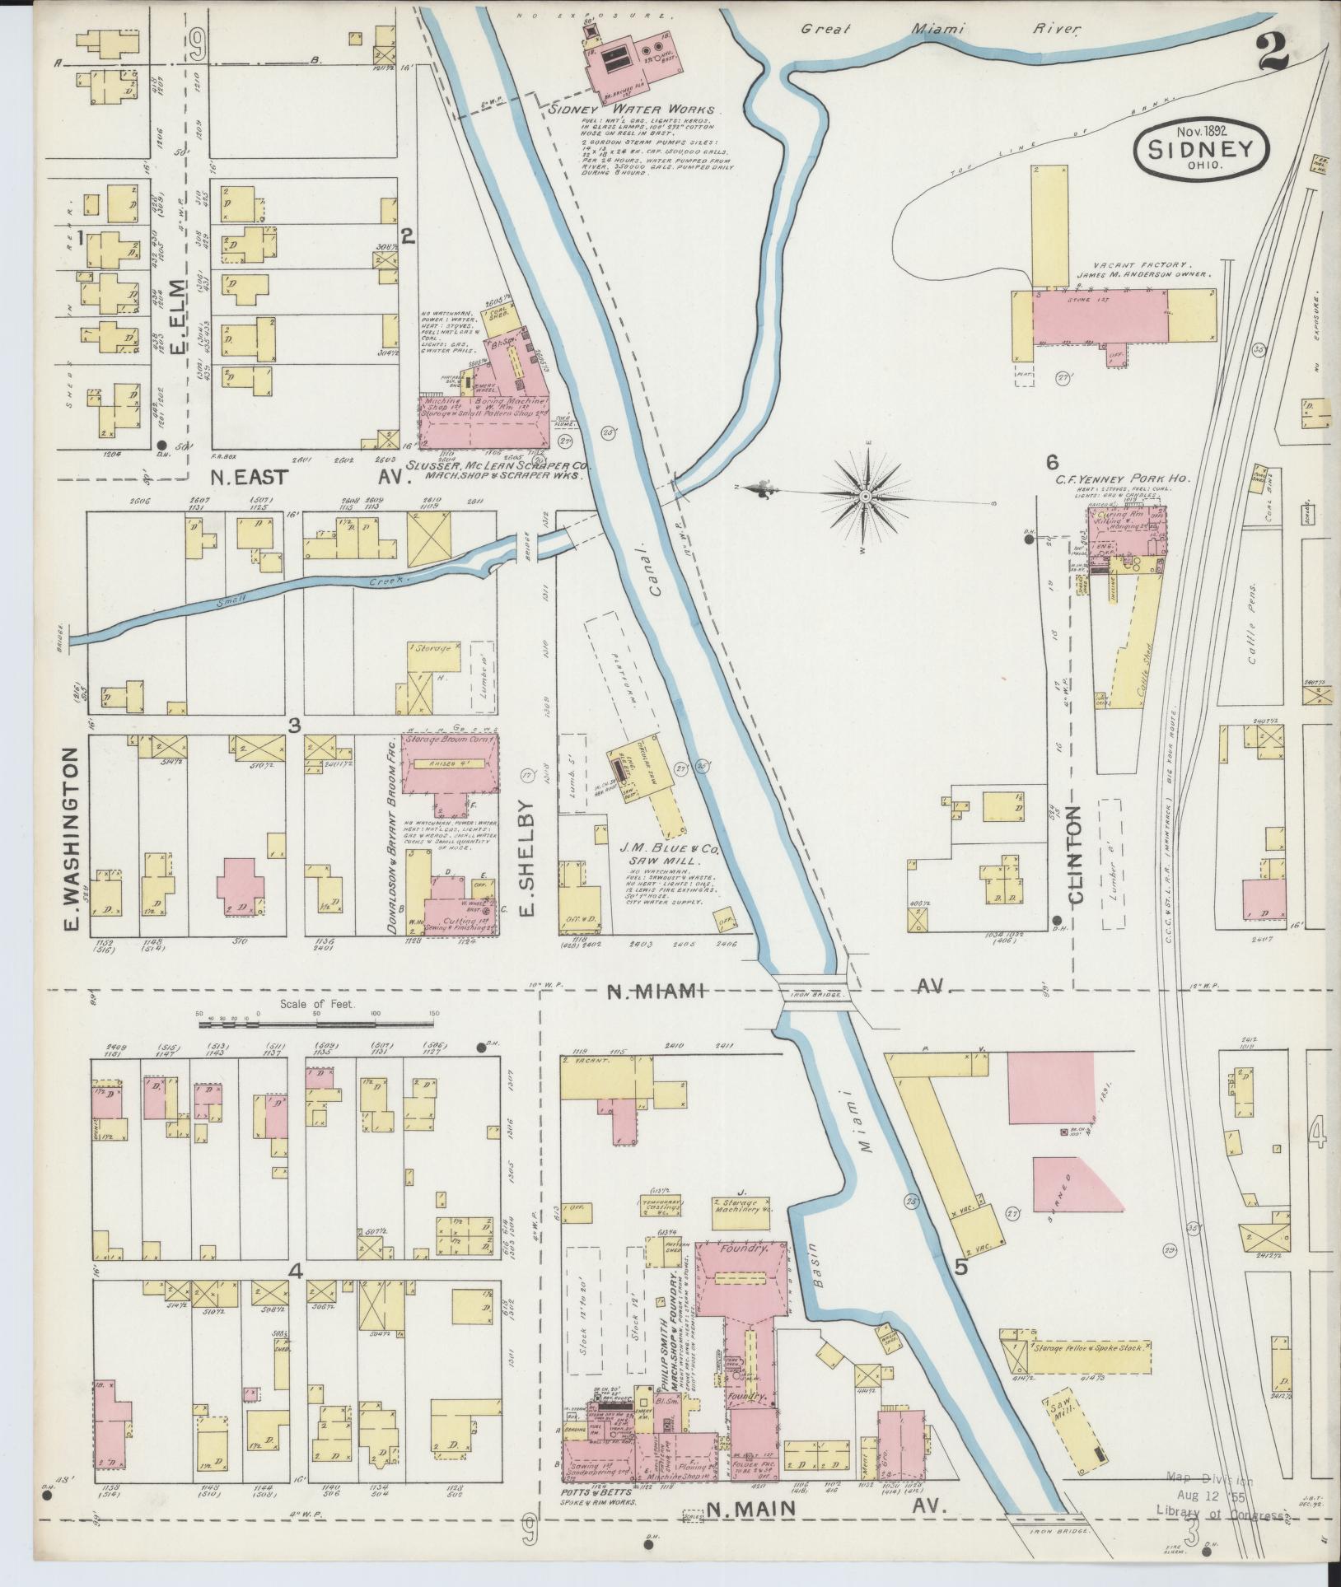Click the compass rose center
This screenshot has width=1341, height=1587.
point(867,497)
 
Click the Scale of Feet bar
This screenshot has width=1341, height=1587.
point(316,1025)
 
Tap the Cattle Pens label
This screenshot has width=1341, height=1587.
point(1255,635)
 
